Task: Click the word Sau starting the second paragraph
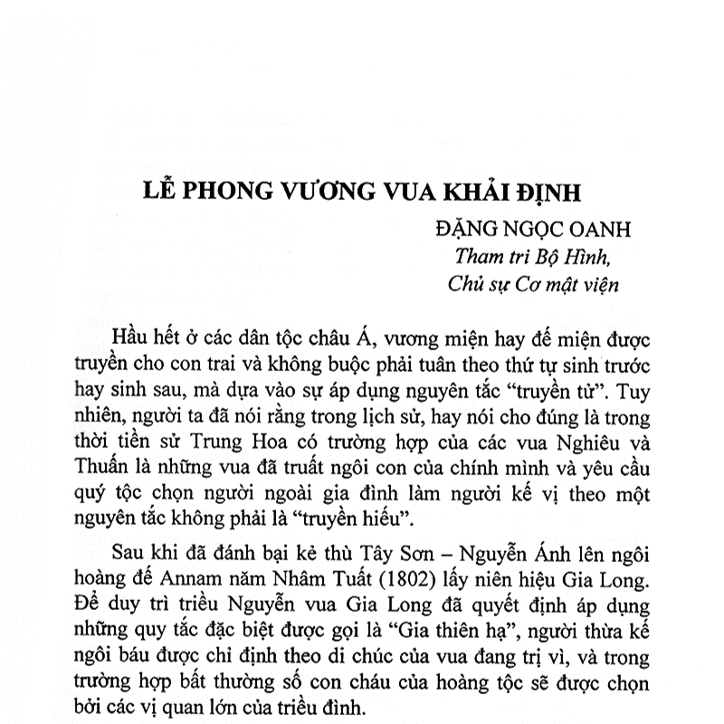click(x=127, y=553)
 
